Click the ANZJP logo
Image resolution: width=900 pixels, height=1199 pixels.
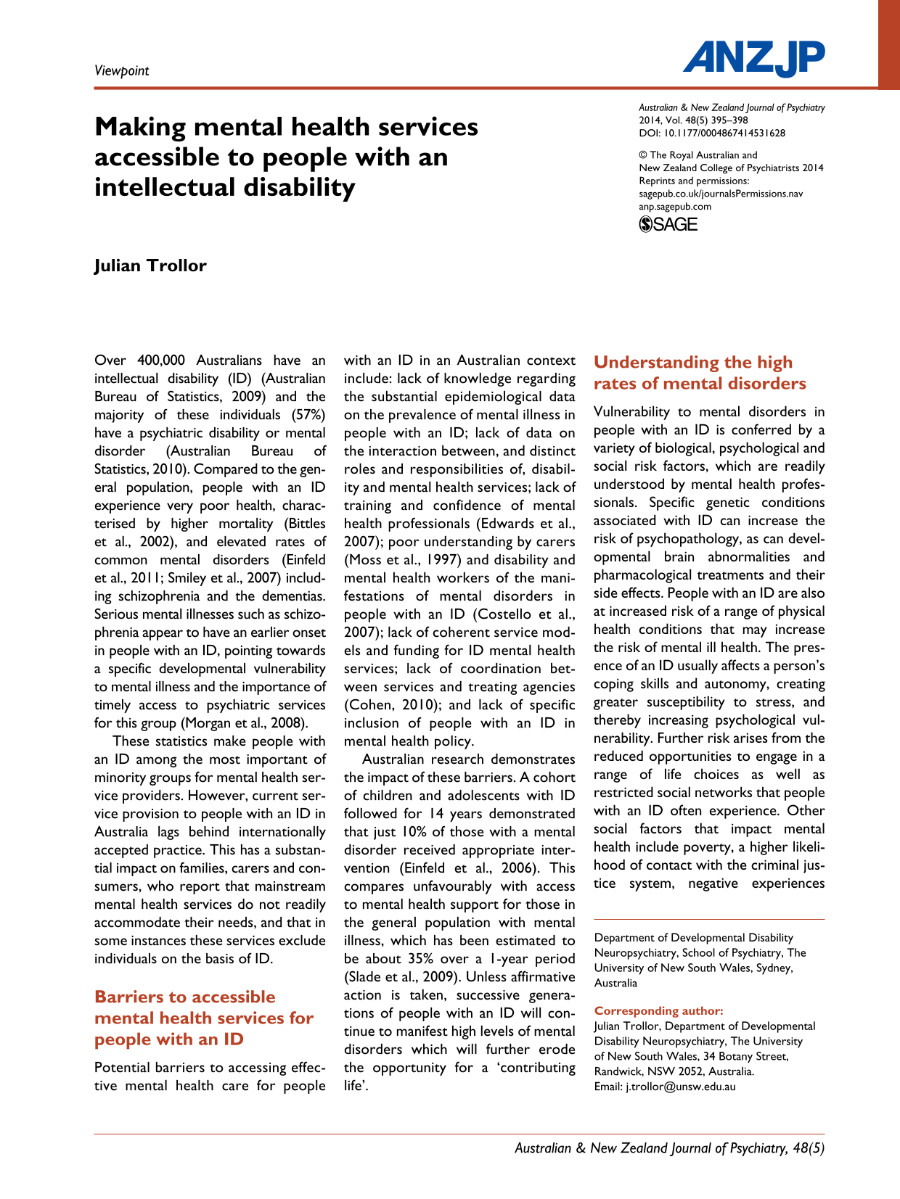(x=753, y=58)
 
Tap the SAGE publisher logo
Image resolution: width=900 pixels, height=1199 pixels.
(x=668, y=224)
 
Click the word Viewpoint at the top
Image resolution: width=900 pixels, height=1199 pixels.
(x=121, y=70)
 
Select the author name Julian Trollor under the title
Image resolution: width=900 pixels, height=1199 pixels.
(x=150, y=265)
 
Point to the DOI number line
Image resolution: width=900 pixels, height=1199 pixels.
(x=711, y=133)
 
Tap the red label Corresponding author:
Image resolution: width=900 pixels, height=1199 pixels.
(x=658, y=1010)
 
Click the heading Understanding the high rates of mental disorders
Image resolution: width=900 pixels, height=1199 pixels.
(x=699, y=373)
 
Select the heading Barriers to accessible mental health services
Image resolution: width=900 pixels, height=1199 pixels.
(x=204, y=1018)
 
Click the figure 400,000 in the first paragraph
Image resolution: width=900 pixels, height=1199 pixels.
(x=160, y=360)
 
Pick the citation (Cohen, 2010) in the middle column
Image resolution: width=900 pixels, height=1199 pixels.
(x=387, y=705)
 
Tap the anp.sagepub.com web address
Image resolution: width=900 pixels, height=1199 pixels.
(x=675, y=206)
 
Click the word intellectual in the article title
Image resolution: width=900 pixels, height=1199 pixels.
(x=164, y=187)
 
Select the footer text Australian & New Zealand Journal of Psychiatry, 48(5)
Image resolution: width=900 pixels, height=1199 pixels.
(x=669, y=1148)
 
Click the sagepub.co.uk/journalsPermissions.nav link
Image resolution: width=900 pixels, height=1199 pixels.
(x=720, y=194)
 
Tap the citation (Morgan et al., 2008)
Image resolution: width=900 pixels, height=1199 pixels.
(x=244, y=723)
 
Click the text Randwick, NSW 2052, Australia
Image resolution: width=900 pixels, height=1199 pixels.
(x=674, y=1071)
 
